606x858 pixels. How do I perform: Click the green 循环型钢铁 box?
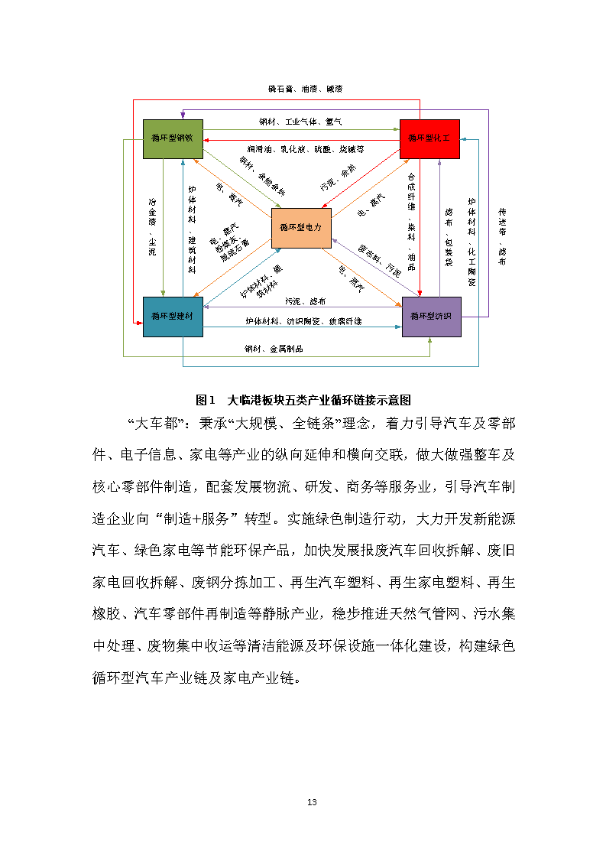click(173, 139)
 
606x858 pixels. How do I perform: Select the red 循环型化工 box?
click(429, 139)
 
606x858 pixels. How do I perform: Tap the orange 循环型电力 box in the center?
click(300, 228)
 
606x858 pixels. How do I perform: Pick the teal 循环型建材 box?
click(173, 316)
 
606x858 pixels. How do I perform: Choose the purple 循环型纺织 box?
click(432, 316)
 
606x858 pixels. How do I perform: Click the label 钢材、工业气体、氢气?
click(300, 122)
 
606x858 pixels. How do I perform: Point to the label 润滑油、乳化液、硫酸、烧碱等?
click(305, 148)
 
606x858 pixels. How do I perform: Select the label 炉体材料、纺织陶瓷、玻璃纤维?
click(303, 321)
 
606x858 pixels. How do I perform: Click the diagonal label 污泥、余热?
click(338, 177)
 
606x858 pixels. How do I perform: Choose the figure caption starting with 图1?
click(303, 400)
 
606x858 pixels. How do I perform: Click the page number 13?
click(311, 802)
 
